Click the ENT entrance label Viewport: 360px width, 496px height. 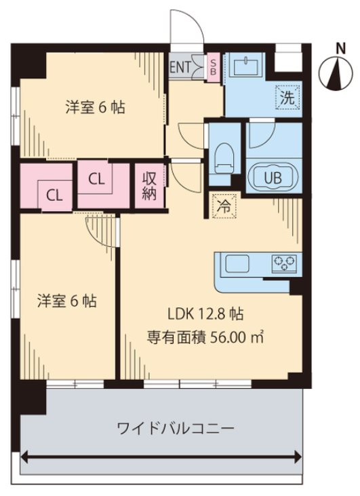(180, 67)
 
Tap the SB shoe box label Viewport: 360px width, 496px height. (214, 67)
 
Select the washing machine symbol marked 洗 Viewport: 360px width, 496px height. (287, 98)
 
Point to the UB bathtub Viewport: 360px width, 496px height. (273, 178)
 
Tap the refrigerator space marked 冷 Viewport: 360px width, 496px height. (224, 206)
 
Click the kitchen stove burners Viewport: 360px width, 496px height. (285, 264)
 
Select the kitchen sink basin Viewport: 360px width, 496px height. (237, 263)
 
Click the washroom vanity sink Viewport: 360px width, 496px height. (247, 66)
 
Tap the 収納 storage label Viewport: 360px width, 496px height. (149, 186)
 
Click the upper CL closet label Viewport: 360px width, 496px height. (96, 179)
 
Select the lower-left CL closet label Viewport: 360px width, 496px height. (54, 196)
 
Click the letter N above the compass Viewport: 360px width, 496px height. (340, 49)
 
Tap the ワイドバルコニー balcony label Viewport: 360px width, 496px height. (176, 429)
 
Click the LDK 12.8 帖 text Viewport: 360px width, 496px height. (205, 314)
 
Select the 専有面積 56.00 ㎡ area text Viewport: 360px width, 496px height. (205, 337)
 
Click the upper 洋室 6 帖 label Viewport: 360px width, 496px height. (95, 107)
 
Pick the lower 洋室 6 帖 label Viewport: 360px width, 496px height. (66, 301)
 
